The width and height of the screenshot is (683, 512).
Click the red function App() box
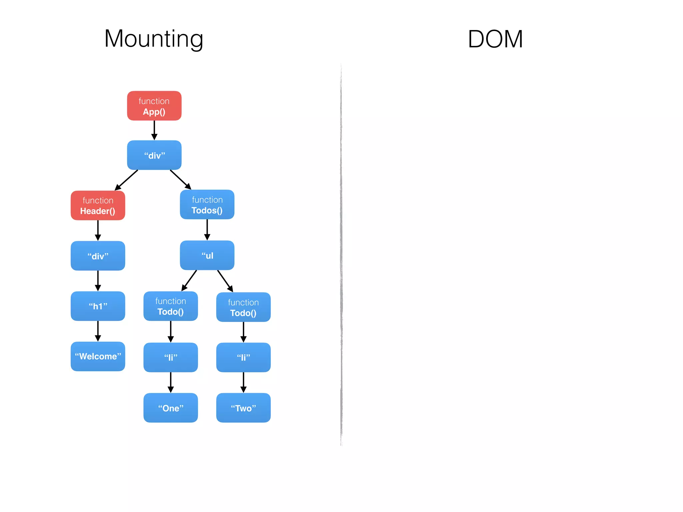click(154, 106)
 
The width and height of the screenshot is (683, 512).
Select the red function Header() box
click(98, 205)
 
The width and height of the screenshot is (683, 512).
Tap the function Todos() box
click(207, 204)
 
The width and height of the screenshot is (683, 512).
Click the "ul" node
click(207, 255)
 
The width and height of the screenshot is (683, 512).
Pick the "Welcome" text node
click(98, 356)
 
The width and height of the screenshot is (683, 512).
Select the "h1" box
click(98, 306)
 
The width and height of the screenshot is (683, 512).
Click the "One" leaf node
click(170, 408)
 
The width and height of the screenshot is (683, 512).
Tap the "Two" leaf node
click(243, 408)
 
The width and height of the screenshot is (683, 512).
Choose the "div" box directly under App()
click(154, 155)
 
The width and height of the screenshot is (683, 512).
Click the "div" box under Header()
click(98, 256)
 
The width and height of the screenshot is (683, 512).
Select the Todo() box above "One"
click(170, 306)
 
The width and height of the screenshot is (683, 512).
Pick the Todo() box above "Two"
click(243, 307)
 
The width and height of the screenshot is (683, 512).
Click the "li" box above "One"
click(170, 357)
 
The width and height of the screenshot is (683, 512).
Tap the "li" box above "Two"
click(243, 357)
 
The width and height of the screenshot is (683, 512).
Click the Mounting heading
click(154, 39)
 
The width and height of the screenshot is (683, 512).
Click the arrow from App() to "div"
click(154, 130)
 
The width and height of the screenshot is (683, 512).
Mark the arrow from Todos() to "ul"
click(207, 230)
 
